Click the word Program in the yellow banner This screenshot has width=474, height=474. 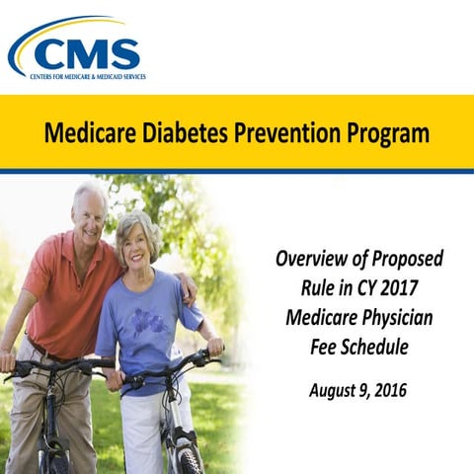pos(386,132)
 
